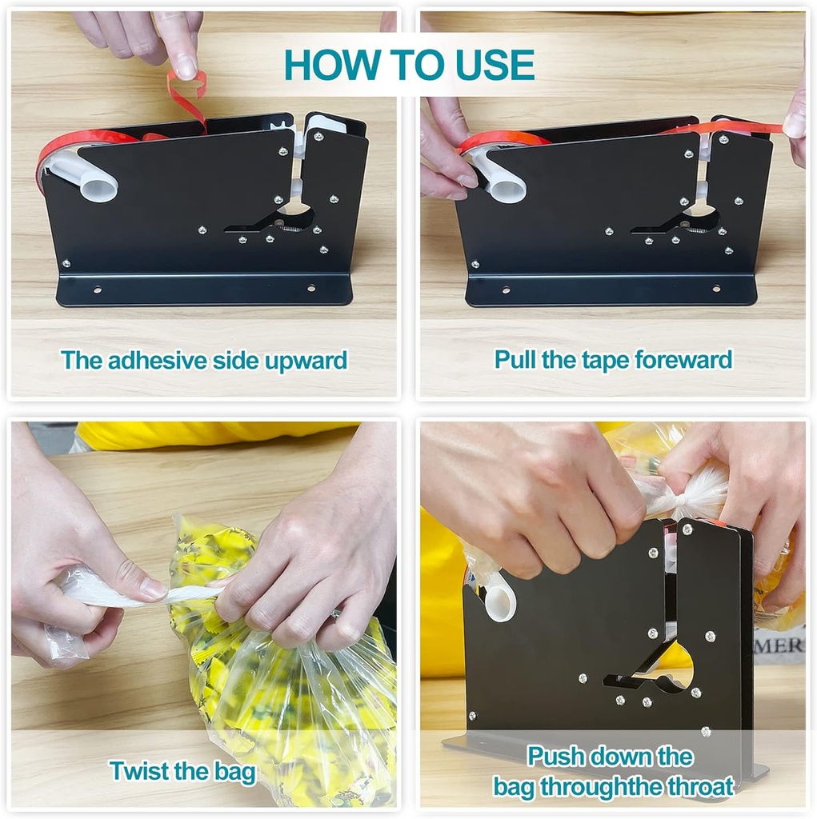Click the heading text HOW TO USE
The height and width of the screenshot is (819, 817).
pos(409,66)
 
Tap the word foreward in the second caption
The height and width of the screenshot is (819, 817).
pos(683,360)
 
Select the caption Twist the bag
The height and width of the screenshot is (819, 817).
pos(182,772)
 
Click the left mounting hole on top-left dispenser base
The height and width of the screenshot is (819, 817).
pos(97,290)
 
